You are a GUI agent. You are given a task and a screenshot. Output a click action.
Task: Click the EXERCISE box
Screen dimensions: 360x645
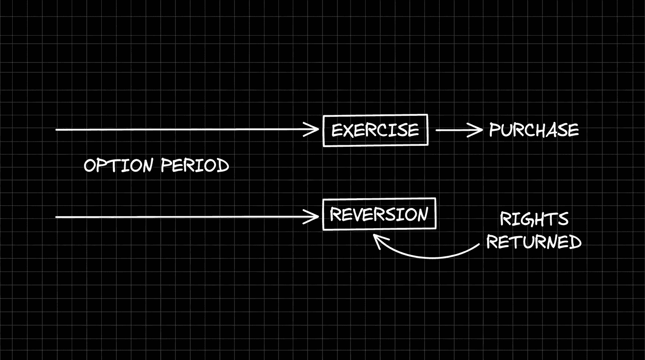pyautogui.click(x=375, y=130)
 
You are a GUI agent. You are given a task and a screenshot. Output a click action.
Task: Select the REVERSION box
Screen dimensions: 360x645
pyautogui.click(x=379, y=214)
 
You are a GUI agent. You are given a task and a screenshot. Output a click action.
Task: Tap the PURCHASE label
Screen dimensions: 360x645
pyautogui.click(x=533, y=130)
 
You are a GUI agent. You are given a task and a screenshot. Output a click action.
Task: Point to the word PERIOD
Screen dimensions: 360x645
pyautogui.click(x=195, y=165)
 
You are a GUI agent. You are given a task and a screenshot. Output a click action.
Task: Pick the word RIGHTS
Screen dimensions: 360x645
pyautogui.click(x=534, y=219)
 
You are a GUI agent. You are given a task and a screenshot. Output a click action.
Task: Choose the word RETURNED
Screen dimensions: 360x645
pyautogui.click(x=533, y=242)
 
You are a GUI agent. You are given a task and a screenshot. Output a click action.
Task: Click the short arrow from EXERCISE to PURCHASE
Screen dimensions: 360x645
pyautogui.click(x=458, y=130)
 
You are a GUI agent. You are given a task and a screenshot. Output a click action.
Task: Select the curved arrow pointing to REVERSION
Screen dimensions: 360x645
pyautogui.click(x=427, y=254)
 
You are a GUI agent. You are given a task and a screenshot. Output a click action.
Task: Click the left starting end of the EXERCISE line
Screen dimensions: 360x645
pyautogui.click(x=57, y=129)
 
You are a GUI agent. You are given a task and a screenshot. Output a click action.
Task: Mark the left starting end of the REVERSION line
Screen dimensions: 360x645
pyautogui.click(x=57, y=217)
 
